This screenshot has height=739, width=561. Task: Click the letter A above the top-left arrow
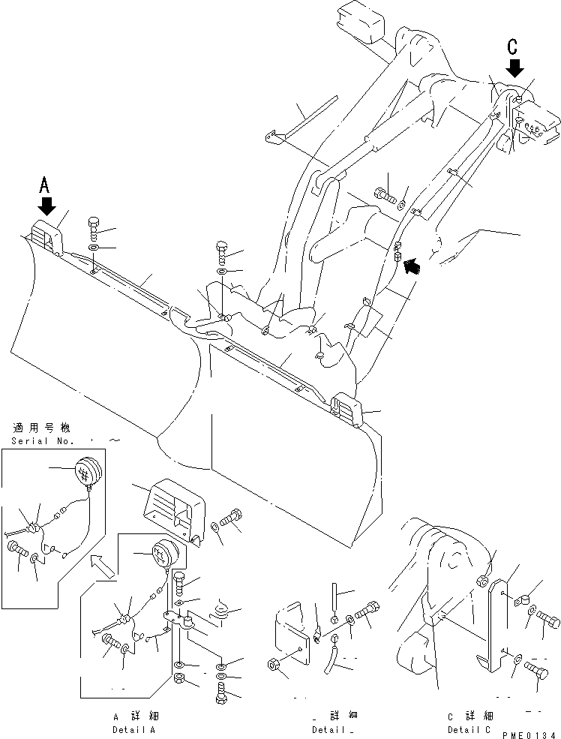[x=44, y=183]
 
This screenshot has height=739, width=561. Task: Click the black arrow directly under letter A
[x=47, y=204]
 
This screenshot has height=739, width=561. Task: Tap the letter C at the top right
[x=513, y=47]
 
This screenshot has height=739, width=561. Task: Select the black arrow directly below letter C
[x=514, y=68]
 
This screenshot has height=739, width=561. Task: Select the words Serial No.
[x=41, y=441]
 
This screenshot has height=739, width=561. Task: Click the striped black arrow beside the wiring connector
[x=411, y=263]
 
